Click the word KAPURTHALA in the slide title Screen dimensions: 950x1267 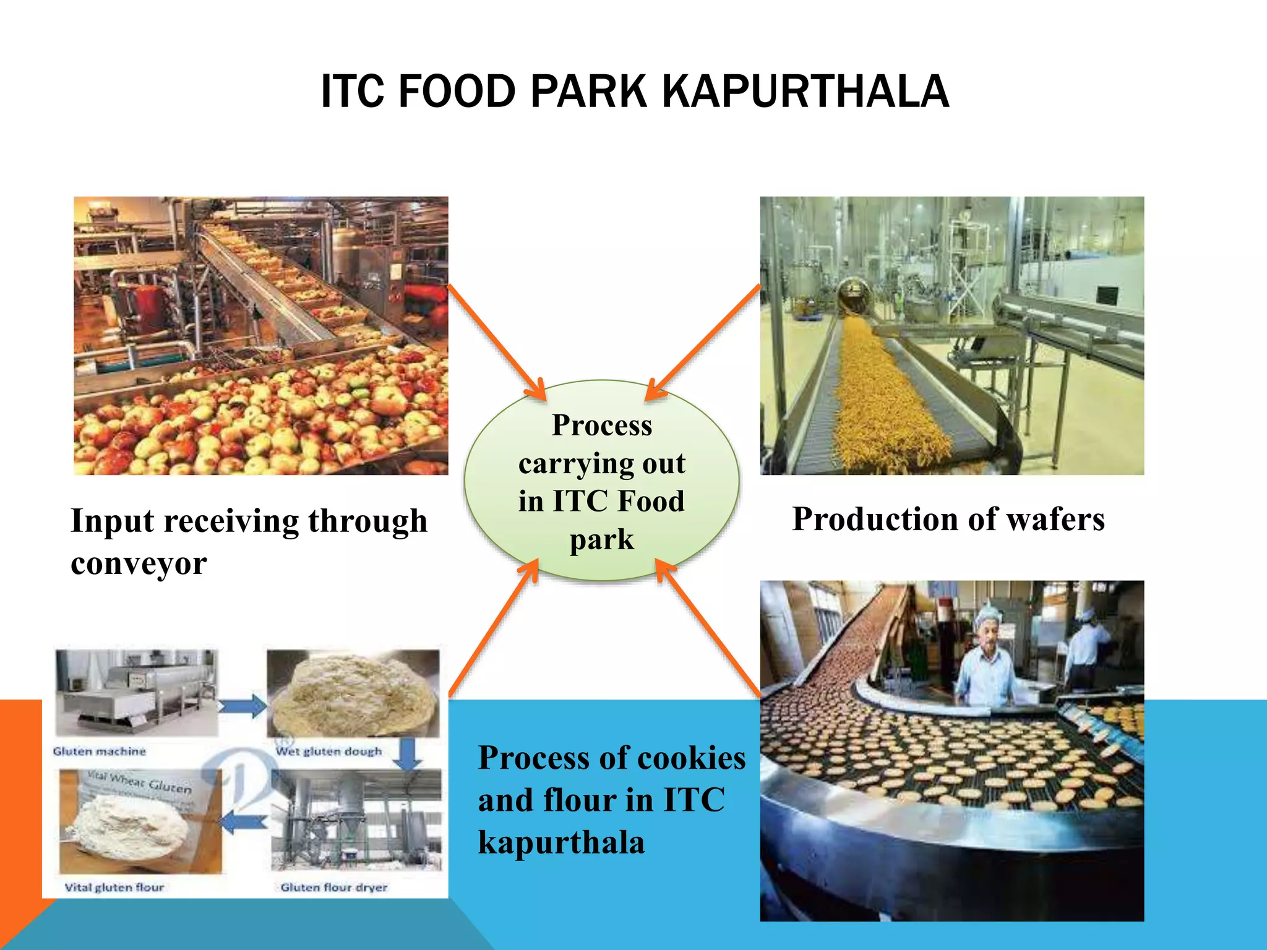[x=805, y=92]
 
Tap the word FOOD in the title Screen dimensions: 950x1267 [x=457, y=92]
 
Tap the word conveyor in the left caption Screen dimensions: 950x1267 [x=139, y=563]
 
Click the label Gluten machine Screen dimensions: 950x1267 [x=100, y=751]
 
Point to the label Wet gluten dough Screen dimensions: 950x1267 [x=329, y=751]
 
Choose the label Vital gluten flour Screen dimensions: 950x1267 [x=114, y=887]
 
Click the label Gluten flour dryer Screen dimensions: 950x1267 [x=334, y=887]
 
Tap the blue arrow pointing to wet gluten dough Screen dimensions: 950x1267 [x=242, y=706]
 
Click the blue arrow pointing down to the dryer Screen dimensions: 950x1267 [x=408, y=754]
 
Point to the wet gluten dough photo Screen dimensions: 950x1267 [x=353, y=693]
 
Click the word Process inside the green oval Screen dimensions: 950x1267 [x=601, y=426]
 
